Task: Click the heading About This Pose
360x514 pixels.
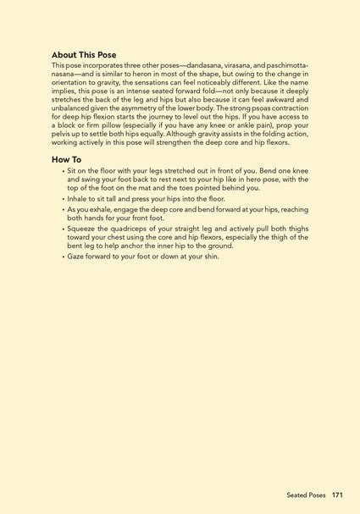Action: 84,54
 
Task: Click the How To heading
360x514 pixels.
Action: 67,158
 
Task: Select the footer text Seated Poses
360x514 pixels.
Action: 306,495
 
